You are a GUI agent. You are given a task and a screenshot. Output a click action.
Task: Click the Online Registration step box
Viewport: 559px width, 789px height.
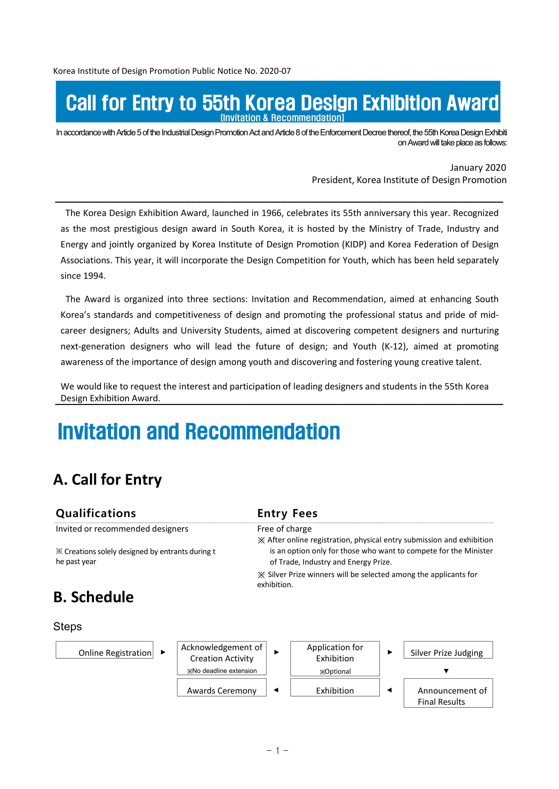[104, 650]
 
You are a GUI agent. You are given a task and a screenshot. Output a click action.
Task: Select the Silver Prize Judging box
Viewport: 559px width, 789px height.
[448, 650]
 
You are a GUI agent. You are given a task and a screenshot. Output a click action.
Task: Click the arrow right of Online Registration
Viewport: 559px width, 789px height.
[163, 652]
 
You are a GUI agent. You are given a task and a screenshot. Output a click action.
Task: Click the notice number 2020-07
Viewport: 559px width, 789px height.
[275, 71]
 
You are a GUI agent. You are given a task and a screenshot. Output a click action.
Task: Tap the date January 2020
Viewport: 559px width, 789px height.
[478, 168]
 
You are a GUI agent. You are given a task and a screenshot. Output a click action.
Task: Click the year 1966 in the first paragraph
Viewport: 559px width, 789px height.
[272, 213]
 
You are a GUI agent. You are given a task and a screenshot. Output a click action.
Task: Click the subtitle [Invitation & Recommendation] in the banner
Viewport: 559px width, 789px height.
[282, 118]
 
